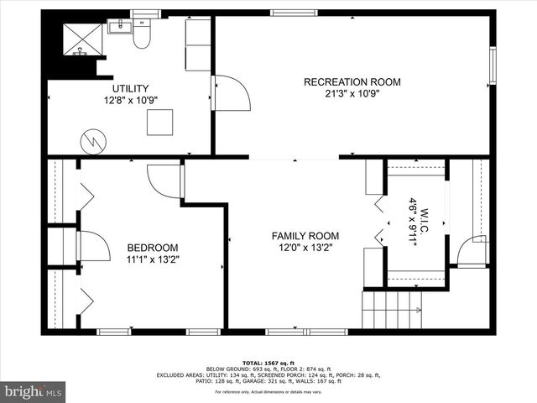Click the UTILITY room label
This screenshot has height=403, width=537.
coord(130,88)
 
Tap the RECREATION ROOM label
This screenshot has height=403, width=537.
coord(352,81)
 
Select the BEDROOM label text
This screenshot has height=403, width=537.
coord(152,247)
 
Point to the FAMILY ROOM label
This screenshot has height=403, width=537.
coord(305,236)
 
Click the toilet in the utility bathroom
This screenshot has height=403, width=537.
coord(143,33)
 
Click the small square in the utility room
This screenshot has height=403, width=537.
coord(159,123)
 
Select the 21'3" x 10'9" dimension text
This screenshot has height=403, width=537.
coord(352,94)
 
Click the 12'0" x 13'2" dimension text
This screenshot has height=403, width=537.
coord(305,249)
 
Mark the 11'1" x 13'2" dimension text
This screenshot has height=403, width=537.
coord(152,259)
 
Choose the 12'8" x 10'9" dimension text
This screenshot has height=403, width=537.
coord(130,100)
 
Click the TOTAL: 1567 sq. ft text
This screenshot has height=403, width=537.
coord(268,362)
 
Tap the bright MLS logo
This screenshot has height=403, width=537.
coord(34,391)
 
